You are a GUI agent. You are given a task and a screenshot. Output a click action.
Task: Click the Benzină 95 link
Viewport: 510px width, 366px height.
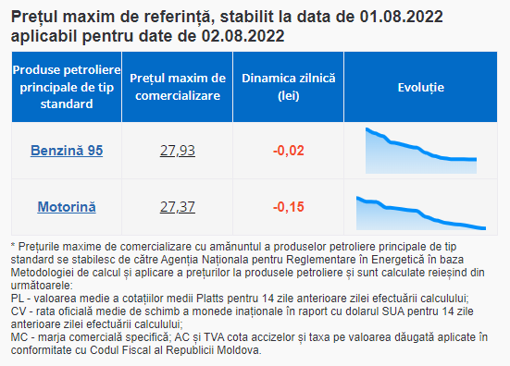[x=67, y=151]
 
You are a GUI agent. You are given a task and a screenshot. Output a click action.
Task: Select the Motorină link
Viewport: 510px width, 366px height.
[x=67, y=207]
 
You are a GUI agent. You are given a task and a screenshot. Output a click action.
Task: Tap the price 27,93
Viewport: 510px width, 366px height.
[x=178, y=151]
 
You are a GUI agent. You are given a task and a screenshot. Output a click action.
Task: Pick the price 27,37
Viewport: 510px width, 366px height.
[x=178, y=207]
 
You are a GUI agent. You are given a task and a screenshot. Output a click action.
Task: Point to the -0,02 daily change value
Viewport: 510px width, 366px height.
[x=289, y=151]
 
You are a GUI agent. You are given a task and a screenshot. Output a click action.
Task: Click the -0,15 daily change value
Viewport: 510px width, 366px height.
[x=289, y=207]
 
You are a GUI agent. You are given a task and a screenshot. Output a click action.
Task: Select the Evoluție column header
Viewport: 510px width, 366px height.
[x=421, y=87]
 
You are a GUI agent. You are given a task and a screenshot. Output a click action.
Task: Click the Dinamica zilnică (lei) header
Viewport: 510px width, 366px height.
[x=289, y=87]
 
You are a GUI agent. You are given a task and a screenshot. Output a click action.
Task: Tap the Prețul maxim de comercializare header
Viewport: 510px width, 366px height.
[x=178, y=87]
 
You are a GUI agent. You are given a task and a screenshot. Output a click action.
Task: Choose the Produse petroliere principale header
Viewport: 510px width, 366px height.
[x=67, y=87]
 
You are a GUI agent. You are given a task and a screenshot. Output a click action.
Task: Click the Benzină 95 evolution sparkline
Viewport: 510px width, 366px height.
[x=421, y=151]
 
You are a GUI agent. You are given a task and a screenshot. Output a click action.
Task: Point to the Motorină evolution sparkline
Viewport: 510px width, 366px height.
[x=421, y=213]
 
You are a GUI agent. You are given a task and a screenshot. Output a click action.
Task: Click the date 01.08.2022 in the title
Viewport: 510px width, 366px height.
[x=401, y=17]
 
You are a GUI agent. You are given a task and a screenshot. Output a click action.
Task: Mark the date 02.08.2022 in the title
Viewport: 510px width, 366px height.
[x=243, y=36]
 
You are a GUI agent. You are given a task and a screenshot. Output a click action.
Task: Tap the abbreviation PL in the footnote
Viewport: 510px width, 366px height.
[x=18, y=299]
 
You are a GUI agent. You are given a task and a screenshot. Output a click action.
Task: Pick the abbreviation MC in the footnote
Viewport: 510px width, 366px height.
[x=19, y=337]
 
